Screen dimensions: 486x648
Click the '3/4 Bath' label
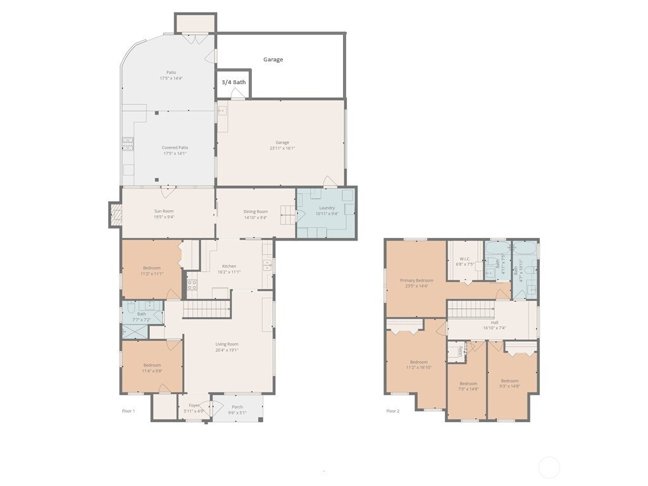coord(234,82)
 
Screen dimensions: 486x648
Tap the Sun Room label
coord(163,211)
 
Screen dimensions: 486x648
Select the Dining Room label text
coord(256,211)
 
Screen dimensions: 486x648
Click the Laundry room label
coord(327,208)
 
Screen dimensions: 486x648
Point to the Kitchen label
coord(228,266)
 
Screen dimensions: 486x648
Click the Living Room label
coord(227,344)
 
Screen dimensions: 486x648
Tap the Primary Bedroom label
coord(416,280)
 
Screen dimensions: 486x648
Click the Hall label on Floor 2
coord(494,322)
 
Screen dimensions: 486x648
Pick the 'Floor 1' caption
coord(128,411)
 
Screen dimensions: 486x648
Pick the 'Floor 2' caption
coord(393,411)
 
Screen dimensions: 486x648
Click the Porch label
coord(237,407)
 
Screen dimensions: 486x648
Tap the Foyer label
coord(194,405)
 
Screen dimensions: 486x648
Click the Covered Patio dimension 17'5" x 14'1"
coord(175,154)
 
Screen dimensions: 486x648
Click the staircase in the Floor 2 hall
coord(470,309)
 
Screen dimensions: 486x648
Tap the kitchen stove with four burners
coord(192,285)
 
